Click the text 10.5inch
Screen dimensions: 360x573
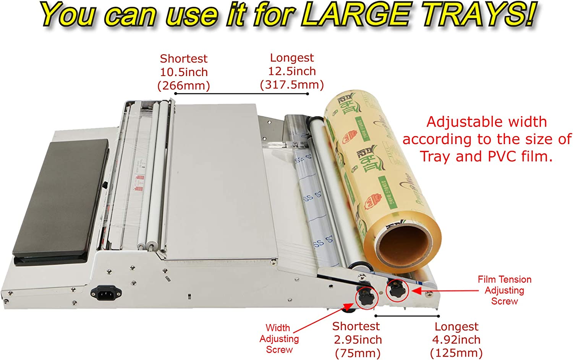click(184, 72)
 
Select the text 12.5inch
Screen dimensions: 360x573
click(292, 71)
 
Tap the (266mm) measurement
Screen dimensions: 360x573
click(184, 85)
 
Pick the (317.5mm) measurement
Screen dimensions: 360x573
click(292, 84)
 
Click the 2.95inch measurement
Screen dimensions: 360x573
click(358, 339)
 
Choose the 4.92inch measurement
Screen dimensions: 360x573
click(456, 339)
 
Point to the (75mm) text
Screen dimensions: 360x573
click(358, 353)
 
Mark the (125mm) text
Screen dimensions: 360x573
click(456, 353)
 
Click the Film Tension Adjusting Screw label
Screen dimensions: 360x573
click(504, 290)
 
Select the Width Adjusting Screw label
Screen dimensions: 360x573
click(279, 339)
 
